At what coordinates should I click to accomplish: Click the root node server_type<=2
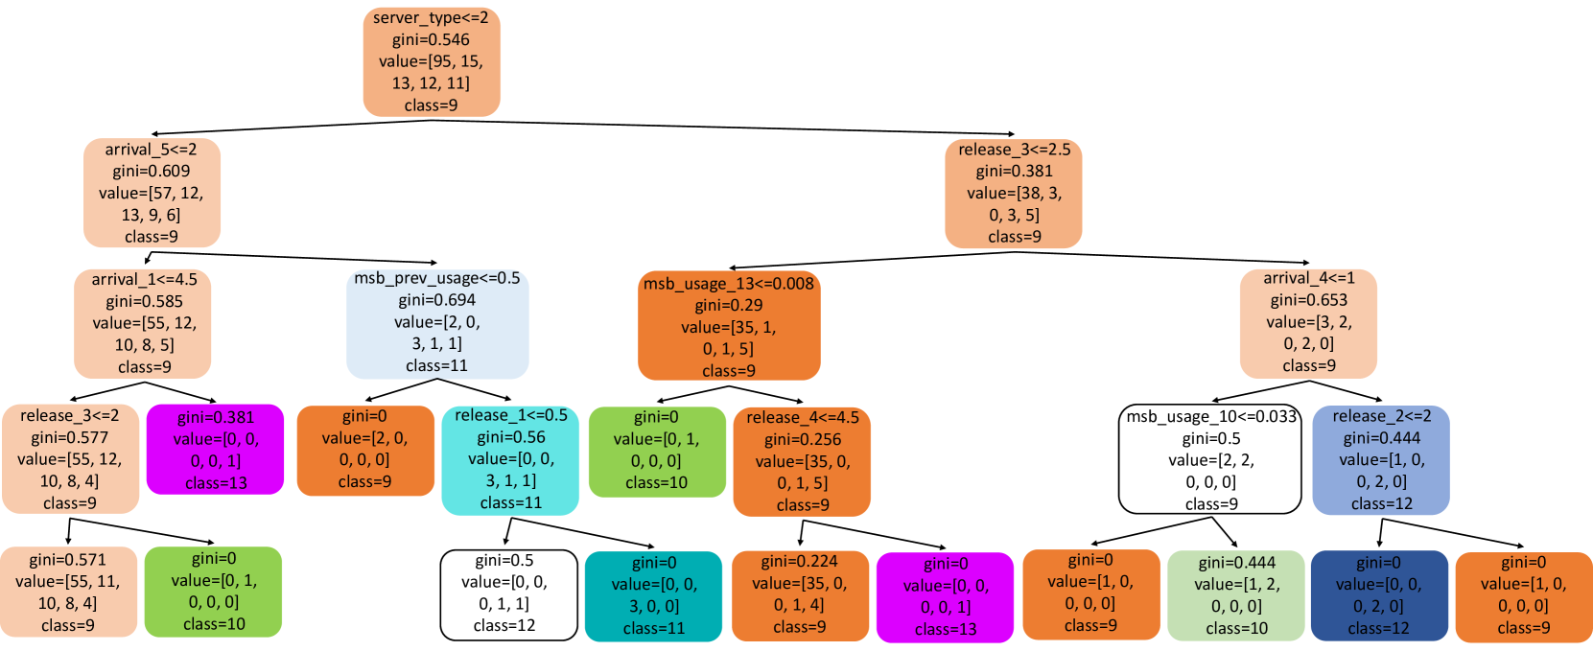tap(432, 61)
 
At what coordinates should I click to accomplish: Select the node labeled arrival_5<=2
tap(152, 193)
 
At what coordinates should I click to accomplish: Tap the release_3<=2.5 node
tap(1014, 193)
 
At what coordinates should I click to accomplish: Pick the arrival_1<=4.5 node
tap(143, 323)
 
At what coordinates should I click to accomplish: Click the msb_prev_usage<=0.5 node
tap(437, 322)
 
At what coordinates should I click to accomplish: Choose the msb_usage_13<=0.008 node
tap(729, 326)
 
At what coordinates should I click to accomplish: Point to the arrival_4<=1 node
tap(1308, 323)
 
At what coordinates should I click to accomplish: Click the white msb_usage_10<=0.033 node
tap(1210, 459)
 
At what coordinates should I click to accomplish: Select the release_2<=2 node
tap(1381, 460)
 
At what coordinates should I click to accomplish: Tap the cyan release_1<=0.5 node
tap(510, 459)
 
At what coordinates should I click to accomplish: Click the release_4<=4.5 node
tap(802, 461)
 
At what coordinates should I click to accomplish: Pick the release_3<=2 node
tap(70, 459)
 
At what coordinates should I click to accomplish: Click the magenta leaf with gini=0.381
tap(216, 450)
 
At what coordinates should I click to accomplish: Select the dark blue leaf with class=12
tap(1379, 595)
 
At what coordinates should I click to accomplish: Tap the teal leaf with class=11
tap(653, 595)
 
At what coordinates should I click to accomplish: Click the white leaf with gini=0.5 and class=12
tap(508, 594)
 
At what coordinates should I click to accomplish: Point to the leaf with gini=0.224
tap(800, 594)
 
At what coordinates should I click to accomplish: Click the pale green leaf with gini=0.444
tap(1236, 595)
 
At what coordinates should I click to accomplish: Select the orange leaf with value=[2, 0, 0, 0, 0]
tap(365, 450)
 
